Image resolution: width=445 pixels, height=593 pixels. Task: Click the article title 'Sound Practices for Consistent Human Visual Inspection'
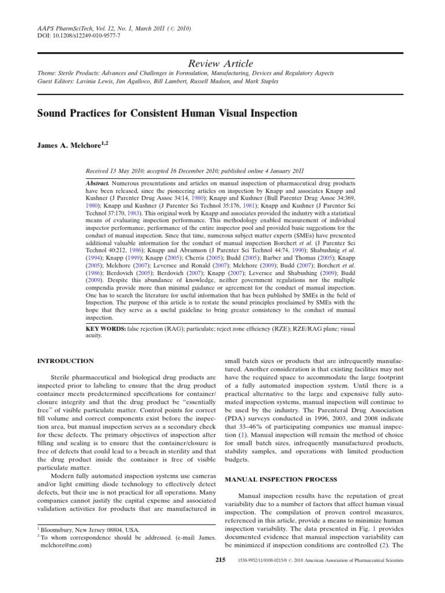point(167,114)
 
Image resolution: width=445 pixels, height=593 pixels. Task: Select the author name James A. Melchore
point(72,145)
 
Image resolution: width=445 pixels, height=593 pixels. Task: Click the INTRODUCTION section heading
point(65,361)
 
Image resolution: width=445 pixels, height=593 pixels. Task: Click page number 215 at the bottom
point(220,561)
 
